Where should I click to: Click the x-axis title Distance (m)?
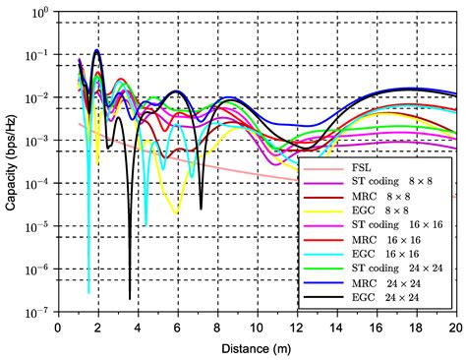[x=258, y=348]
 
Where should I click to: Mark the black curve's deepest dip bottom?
[x=130, y=298]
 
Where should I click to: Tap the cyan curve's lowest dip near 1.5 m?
[x=88, y=292]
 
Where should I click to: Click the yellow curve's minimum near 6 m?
[x=176, y=212]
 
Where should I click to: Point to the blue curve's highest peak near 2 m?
[x=96, y=50]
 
